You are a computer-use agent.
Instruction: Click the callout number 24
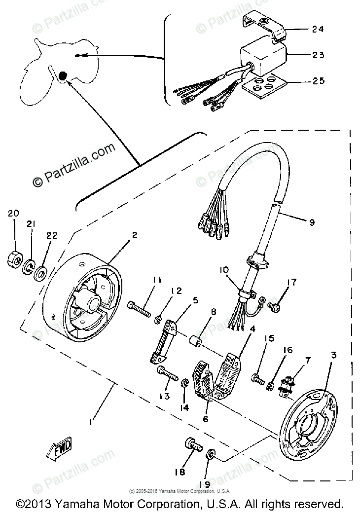click(318, 29)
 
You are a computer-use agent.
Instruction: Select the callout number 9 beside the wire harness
click(312, 222)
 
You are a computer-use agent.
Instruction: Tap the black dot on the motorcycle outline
click(63, 75)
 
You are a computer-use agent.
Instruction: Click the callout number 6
click(205, 419)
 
